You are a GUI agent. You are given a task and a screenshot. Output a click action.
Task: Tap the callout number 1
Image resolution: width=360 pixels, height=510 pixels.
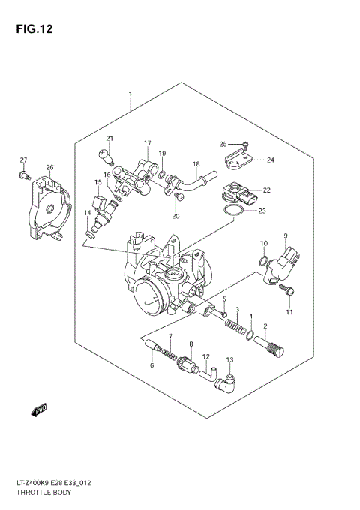(x=130, y=95)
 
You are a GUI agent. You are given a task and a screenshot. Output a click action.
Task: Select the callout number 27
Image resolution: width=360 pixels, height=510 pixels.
(x=23, y=160)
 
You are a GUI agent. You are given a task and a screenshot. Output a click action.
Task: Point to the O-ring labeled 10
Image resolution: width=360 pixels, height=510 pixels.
(x=264, y=261)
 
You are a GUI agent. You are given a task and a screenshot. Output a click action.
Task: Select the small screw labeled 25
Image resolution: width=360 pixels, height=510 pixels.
(x=246, y=145)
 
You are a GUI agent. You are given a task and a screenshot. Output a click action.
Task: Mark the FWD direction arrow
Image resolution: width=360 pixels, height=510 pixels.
(x=39, y=409)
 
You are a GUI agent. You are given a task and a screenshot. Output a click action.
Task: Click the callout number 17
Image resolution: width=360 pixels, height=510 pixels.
(x=148, y=143)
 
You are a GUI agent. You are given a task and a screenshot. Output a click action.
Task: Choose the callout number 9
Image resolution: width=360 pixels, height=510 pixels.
(x=285, y=236)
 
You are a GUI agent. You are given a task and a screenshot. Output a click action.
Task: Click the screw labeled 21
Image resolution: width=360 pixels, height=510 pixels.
(x=107, y=156)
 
